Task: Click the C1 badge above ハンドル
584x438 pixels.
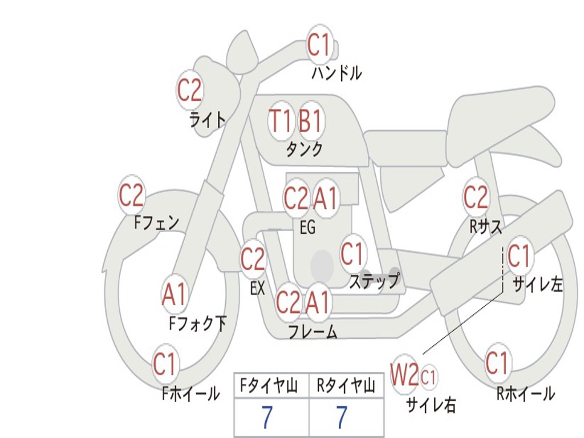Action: pyautogui.click(x=319, y=45)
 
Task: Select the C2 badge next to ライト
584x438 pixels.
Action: pyautogui.click(x=190, y=90)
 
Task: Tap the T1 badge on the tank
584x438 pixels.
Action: pyautogui.click(x=281, y=121)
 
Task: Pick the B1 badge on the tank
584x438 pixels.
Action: pyautogui.click(x=311, y=121)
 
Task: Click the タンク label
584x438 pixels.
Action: pyautogui.click(x=304, y=149)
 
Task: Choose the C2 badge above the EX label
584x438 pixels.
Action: pyautogui.click(x=253, y=260)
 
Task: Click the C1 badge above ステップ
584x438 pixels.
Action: pyautogui.click(x=352, y=254)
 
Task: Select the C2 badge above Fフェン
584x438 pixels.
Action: pyautogui.click(x=131, y=196)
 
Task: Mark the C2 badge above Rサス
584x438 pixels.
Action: pyautogui.click(x=476, y=198)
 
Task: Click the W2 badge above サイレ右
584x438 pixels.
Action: pyautogui.click(x=404, y=375)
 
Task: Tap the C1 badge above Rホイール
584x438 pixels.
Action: pyautogui.click(x=497, y=362)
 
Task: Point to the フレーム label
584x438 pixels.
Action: pyautogui.click(x=312, y=331)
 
